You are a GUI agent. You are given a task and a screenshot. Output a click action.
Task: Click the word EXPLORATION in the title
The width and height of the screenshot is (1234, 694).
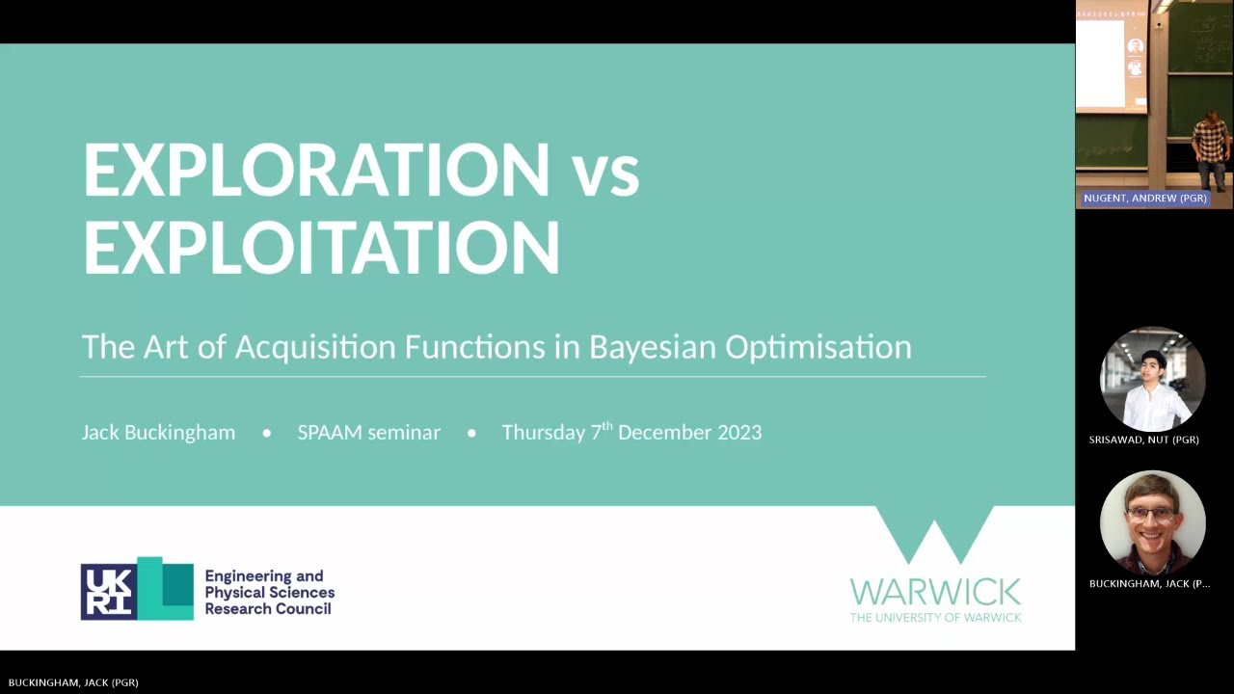pos(316,171)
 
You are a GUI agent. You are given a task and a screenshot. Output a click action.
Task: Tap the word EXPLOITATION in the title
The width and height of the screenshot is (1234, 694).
pos(321,248)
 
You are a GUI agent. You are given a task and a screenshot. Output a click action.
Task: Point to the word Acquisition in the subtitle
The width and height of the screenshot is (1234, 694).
pos(315,347)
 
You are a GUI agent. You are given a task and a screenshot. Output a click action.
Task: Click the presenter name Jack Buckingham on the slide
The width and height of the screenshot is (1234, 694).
pos(158,433)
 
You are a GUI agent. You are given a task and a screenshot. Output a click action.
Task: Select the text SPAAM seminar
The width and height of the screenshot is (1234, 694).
pos(368,433)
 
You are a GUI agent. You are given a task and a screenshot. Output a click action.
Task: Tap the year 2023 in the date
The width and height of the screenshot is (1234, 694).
pos(734,433)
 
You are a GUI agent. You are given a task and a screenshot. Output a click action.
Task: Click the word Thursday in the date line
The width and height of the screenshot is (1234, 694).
pos(544,433)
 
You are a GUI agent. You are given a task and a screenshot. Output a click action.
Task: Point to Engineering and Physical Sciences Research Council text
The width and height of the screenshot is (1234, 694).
pos(269,592)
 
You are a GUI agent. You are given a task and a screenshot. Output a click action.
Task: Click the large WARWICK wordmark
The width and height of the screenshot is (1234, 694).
pos(934,591)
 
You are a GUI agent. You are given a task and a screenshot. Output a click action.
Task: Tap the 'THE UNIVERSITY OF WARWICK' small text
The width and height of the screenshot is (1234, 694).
pos(934,617)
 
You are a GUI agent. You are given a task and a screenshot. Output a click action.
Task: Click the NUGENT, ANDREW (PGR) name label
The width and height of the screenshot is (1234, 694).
pos(1144,198)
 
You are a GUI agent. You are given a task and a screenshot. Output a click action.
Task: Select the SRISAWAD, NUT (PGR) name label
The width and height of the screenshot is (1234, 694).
pos(1143,440)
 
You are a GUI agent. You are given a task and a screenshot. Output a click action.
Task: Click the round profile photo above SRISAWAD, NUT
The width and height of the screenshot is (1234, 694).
pos(1152,379)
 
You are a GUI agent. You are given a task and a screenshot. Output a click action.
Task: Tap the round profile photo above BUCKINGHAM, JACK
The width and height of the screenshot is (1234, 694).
pos(1152,522)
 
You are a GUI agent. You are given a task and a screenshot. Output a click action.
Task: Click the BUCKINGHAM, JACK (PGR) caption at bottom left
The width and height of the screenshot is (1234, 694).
pos(73,682)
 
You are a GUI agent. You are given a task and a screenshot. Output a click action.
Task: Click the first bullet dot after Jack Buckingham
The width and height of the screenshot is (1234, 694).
pos(267,434)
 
